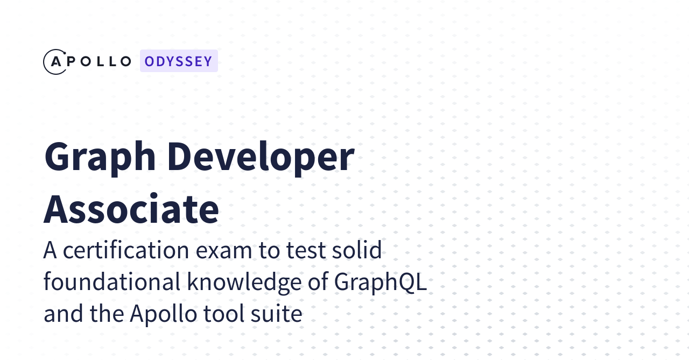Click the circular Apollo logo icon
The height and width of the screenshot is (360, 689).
(x=55, y=61)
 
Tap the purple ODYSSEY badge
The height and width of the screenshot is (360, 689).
(x=179, y=61)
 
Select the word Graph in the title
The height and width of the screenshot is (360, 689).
(x=100, y=157)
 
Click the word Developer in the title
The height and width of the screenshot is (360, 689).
(x=261, y=157)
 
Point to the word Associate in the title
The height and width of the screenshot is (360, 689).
(x=131, y=209)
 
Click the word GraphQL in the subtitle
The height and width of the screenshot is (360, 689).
(x=381, y=282)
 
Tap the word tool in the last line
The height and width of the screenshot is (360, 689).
(x=221, y=314)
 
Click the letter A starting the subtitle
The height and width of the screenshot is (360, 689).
(x=50, y=250)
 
